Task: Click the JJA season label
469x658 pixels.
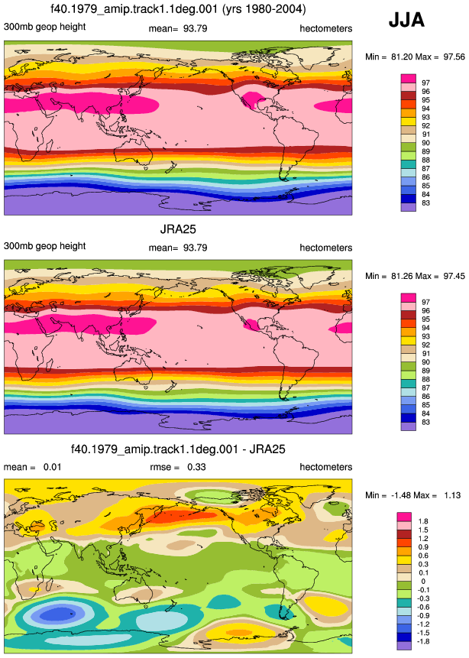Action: (406, 20)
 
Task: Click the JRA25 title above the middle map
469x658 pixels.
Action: (178, 229)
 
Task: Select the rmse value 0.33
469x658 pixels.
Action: (196, 467)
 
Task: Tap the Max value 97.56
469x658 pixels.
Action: (454, 57)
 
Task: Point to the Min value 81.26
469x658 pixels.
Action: (402, 276)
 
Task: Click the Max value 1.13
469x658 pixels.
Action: (452, 495)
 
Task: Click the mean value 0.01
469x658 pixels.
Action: (53, 467)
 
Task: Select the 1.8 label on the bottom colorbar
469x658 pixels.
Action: (423, 521)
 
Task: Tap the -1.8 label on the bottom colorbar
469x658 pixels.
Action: (423, 641)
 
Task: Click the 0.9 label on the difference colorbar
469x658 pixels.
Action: (423, 546)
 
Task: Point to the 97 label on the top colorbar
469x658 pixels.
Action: (425, 83)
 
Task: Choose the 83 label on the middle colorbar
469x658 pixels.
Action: (425, 422)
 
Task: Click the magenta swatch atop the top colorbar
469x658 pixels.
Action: (409, 79)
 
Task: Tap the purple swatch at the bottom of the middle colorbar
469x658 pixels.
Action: (409, 426)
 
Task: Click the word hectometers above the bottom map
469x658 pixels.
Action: (326, 467)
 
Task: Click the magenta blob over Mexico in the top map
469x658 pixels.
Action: (252, 100)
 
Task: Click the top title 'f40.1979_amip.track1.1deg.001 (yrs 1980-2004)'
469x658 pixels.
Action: (178, 9)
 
